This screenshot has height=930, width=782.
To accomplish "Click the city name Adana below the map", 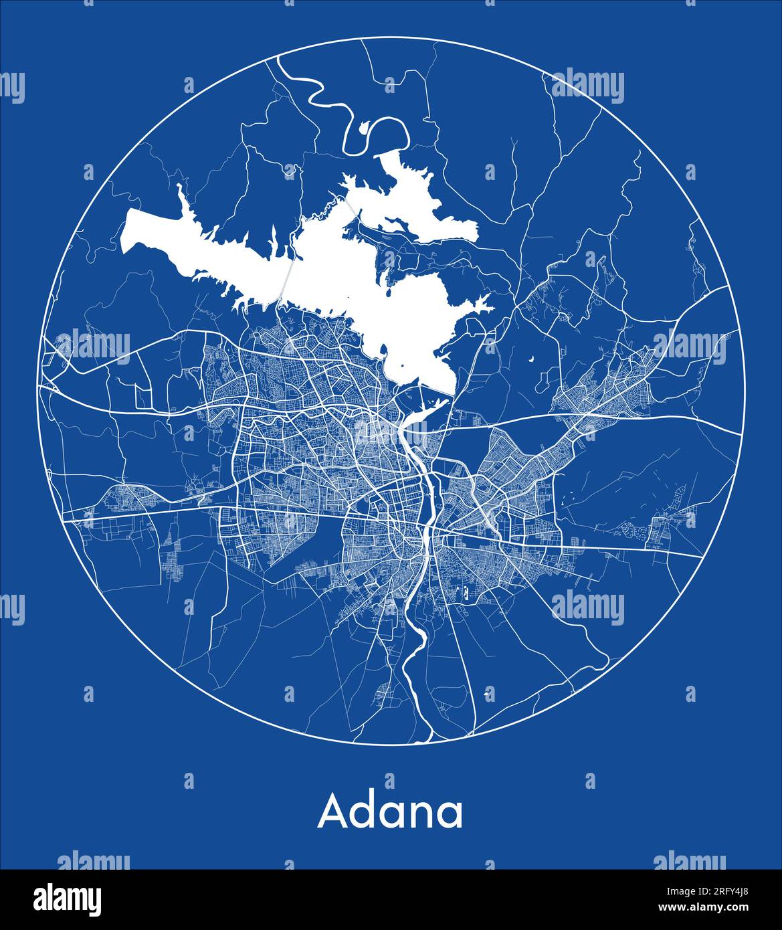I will pyautogui.click(x=390, y=812).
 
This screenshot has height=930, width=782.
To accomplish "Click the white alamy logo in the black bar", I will pyautogui.click(x=67, y=898).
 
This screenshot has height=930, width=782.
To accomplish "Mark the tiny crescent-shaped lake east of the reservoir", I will pyautogui.click(x=531, y=361).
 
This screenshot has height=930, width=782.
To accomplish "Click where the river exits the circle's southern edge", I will pyautogui.click(x=419, y=741).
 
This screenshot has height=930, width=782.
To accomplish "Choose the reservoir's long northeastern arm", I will pyautogui.click(x=415, y=201).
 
